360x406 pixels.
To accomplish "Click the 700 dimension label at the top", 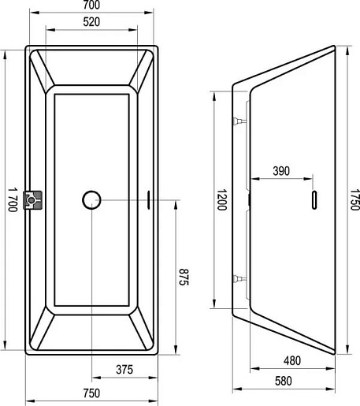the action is (x=91, y=5).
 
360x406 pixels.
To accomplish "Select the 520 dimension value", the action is (x=91, y=22).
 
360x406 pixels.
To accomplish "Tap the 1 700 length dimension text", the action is (x=12, y=199).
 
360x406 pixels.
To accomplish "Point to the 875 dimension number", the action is (x=184, y=277).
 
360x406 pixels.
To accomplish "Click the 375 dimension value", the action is (x=124, y=370).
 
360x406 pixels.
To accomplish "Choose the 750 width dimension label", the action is (x=91, y=393).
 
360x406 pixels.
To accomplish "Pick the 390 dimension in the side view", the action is (x=281, y=171).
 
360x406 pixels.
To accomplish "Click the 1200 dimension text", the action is (x=221, y=199).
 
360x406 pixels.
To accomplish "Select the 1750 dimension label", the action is (x=355, y=199).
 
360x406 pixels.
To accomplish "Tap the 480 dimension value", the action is (x=292, y=361).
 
